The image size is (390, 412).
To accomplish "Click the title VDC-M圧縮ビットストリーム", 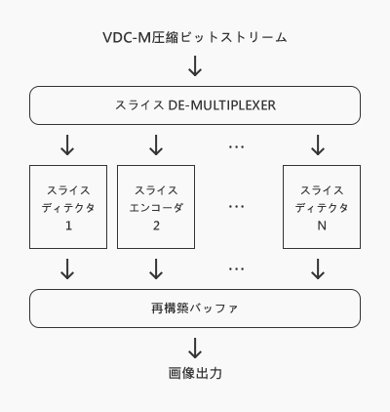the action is pyautogui.click(x=195, y=37).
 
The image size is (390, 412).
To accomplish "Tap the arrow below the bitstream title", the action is pyautogui.click(x=195, y=65).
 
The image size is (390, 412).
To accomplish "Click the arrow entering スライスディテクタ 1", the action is pyautogui.click(x=67, y=144).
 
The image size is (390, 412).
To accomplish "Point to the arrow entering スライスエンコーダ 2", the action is pyautogui.click(x=156, y=144).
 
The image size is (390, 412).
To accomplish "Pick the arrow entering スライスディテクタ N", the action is pyautogui.click(x=318, y=144).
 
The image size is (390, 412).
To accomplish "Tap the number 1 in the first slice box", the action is pyautogui.click(x=68, y=226).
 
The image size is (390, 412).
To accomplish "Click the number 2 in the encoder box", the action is pyautogui.click(x=156, y=226).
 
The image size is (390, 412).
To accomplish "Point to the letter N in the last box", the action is pyautogui.click(x=322, y=226).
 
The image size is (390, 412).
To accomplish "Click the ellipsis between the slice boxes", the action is pyautogui.click(x=236, y=206).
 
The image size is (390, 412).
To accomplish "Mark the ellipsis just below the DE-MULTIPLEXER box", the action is pyautogui.click(x=236, y=146).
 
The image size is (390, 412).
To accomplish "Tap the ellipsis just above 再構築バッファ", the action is pyautogui.click(x=236, y=268).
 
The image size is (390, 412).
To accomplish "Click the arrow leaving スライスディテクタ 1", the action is pyautogui.click(x=67, y=269).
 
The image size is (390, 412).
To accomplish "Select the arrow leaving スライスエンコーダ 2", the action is pyautogui.click(x=156, y=269).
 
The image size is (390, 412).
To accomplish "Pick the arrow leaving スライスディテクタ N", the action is pyautogui.click(x=318, y=269).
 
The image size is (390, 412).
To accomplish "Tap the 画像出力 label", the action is pyautogui.click(x=195, y=373).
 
